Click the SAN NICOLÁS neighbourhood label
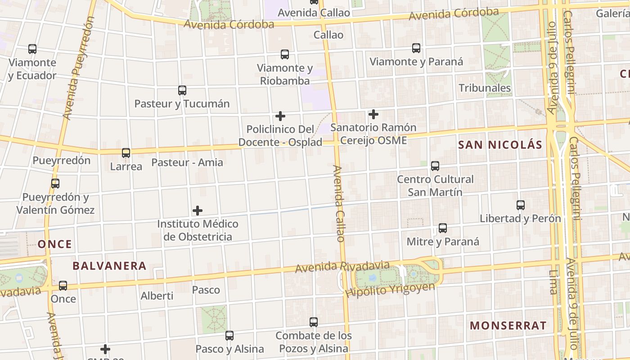point(500,145)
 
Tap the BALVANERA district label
point(109,266)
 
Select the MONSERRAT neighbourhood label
point(508,325)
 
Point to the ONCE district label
point(54,244)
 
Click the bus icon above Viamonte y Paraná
point(416,48)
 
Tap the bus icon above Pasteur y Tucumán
point(182,90)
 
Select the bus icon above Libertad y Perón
point(521,205)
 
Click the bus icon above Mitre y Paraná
point(443,228)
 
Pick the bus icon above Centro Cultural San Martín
point(435,166)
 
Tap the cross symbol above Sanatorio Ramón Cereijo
point(373,114)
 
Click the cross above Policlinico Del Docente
point(280,116)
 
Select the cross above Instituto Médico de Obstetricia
point(198,210)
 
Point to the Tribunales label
point(485,88)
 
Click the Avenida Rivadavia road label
point(342,266)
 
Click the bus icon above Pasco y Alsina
point(229,335)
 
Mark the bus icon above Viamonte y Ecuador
point(32,49)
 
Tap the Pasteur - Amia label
point(187,162)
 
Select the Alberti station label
point(157,296)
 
